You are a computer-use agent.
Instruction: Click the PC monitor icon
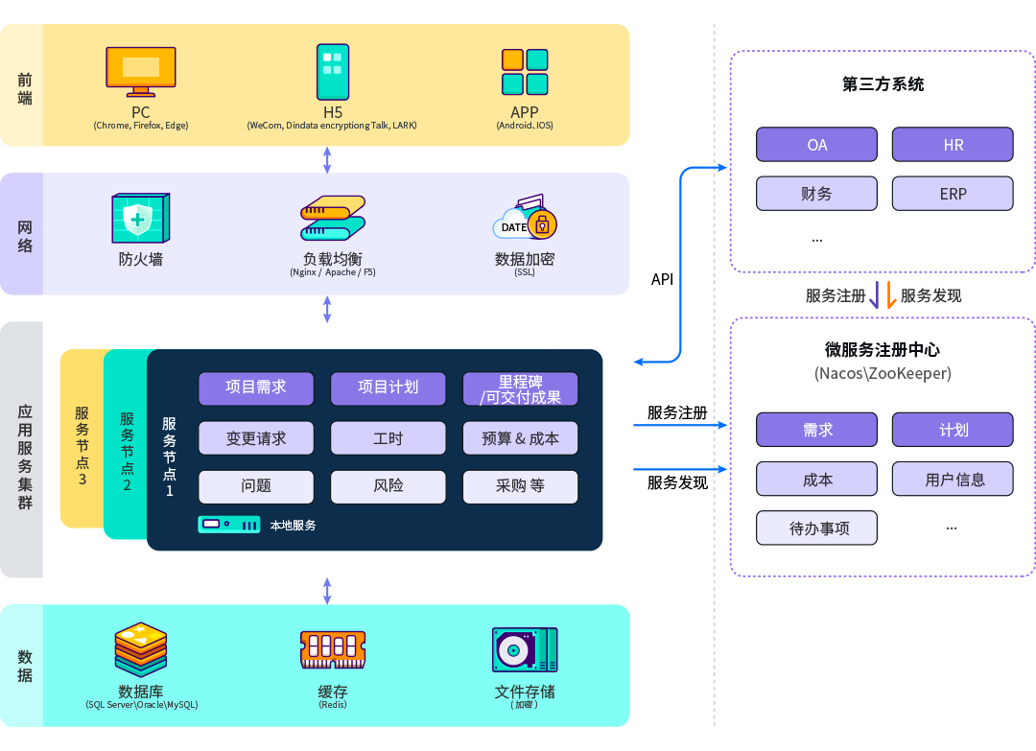[x=141, y=71]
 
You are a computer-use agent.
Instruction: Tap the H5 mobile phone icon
[x=333, y=71]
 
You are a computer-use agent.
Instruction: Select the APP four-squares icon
[x=525, y=71]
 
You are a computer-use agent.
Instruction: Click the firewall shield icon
[x=140, y=219]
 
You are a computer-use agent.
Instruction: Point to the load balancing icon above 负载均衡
[x=332, y=219]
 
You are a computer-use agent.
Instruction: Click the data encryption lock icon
[x=527, y=221]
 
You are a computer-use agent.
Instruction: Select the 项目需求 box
[x=256, y=388]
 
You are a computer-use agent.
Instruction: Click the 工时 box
[x=388, y=438]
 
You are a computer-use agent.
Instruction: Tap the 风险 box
[x=388, y=486]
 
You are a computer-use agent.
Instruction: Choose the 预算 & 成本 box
[x=520, y=438]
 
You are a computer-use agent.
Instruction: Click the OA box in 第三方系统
[x=816, y=145]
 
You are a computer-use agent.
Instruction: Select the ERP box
[x=953, y=193]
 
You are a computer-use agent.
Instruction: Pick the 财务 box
[x=816, y=193]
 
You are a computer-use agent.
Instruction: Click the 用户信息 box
[x=953, y=479]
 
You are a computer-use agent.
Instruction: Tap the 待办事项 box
[x=816, y=528]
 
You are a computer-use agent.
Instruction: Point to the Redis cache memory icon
[x=333, y=649]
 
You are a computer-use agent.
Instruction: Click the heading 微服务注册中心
[x=883, y=349]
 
